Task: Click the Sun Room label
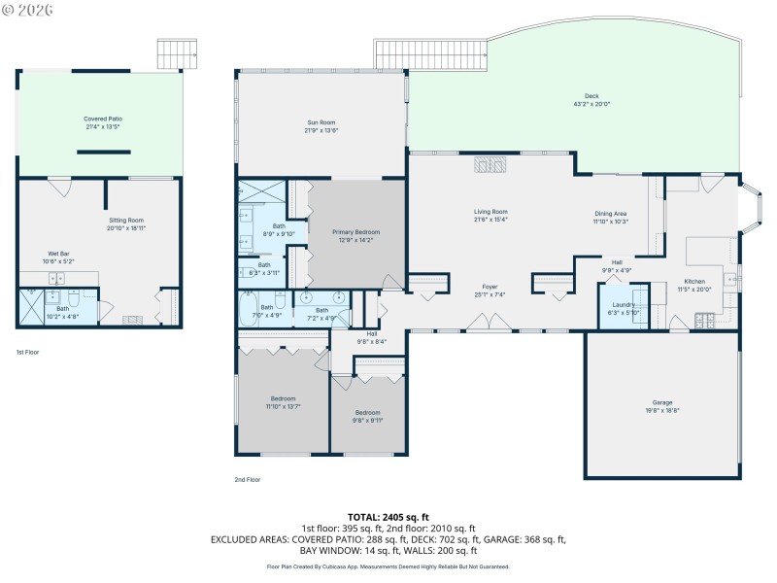click(x=321, y=122)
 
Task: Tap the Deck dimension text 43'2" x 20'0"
click(x=591, y=104)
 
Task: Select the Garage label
click(x=661, y=402)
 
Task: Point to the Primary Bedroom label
click(x=355, y=232)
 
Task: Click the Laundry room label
click(x=623, y=304)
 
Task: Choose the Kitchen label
click(x=694, y=282)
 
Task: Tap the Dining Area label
click(x=611, y=214)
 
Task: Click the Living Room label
click(x=490, y=212)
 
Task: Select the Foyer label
click(x=490, y=287)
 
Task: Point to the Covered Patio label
click(x=102, y=119)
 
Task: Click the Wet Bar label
click(x=58, y=254)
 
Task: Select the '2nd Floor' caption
click(x=247, y=479)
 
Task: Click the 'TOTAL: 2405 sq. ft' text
click(x=388, y=516)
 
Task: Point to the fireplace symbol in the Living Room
click(x=490, y=164)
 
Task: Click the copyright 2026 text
click(x=28, y=10)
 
